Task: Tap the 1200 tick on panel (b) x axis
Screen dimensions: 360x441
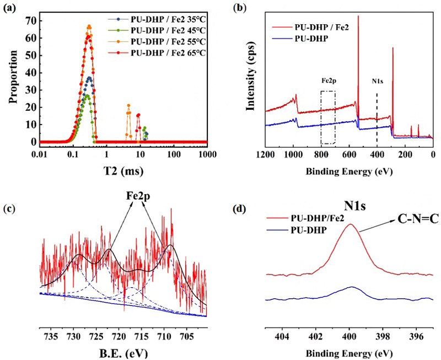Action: [266, 155]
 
